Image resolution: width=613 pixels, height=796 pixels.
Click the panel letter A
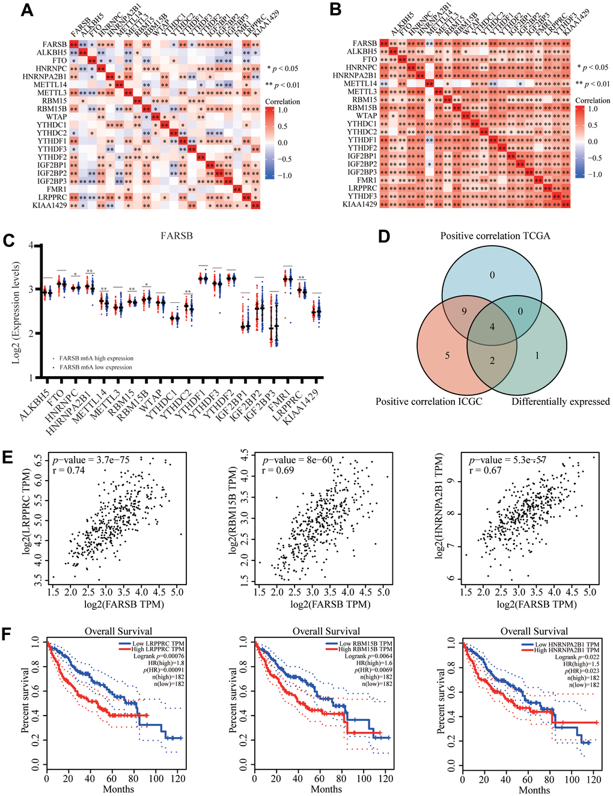point(26,10)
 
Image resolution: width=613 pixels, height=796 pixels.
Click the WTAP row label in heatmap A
point(56,117)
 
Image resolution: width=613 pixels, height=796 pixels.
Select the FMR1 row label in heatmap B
point(367,180)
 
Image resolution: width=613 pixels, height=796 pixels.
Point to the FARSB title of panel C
point(177,235)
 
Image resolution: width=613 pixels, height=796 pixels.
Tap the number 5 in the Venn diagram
point(447,355)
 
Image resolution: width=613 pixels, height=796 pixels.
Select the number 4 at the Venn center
point(492,327)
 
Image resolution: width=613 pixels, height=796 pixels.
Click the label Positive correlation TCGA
point(495,235)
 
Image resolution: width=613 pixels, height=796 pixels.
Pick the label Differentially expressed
point(560,401)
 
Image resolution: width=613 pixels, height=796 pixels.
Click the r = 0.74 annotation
point(67,470)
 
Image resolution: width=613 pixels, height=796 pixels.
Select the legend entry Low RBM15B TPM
point(365,643)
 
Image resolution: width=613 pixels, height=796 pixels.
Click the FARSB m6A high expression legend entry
point(95,359)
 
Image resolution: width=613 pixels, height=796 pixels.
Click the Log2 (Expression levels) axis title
point(17,312)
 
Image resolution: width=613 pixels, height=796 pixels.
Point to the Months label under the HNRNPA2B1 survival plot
point(534,789)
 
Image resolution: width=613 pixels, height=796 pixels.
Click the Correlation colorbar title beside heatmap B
point(592,100)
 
